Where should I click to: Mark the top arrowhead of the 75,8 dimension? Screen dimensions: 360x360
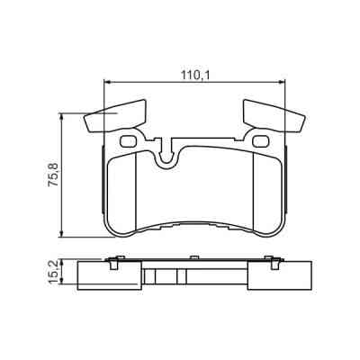point(62,114)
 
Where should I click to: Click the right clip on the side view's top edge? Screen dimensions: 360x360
point(269,261)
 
